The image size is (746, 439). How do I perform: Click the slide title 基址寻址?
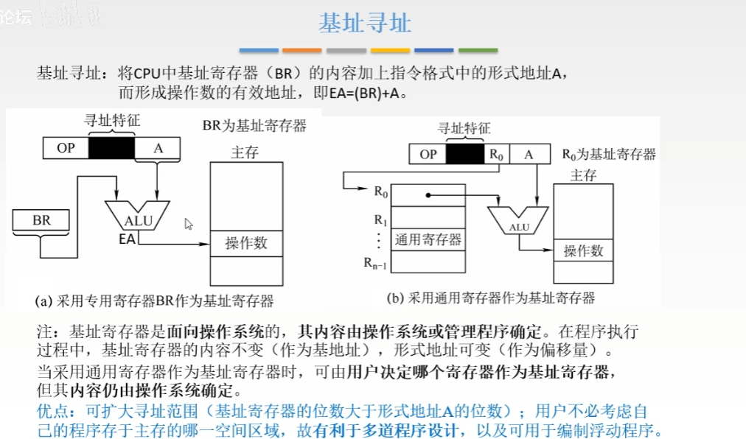[365, 23]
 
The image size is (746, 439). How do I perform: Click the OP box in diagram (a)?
[66, 148]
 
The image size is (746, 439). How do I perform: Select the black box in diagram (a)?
[111, 148]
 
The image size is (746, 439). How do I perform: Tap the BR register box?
[41, 220]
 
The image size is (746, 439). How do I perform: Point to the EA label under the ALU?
[127, 239]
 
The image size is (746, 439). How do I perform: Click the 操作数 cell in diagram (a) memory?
[246, 243]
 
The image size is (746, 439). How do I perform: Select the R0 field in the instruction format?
[495, 154]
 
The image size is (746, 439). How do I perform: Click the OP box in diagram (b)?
[428, 154]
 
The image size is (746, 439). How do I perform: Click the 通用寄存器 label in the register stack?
[428, 239]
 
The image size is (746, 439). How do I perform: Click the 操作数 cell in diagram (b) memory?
[583, 250]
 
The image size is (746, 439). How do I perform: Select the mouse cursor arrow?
[188, 223]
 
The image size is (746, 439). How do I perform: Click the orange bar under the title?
[302, 51]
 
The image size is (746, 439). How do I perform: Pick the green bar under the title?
[478, 51]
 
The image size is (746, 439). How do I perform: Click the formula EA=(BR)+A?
[361, 94]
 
